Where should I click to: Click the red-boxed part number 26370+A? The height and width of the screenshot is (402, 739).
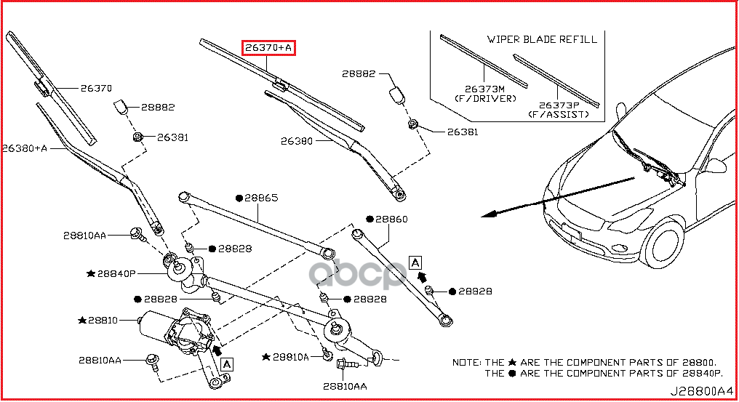268,47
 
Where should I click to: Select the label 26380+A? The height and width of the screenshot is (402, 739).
25,148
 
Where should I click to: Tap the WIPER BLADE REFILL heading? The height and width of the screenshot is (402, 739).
542,39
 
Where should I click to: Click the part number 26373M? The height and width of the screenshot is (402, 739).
484,89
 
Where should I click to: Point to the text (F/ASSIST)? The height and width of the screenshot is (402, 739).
559,115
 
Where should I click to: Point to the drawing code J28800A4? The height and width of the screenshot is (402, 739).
702,391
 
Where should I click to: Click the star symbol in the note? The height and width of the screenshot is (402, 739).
512,363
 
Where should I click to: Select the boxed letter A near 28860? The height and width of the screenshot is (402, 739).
415,262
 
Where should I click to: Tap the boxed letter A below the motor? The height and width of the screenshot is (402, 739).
227,364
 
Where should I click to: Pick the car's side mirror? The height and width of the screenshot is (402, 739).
715,166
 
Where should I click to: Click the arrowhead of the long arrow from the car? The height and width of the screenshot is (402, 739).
488,214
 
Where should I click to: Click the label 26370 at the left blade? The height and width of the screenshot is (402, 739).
96,88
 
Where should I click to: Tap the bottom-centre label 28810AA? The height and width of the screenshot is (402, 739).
345,387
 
